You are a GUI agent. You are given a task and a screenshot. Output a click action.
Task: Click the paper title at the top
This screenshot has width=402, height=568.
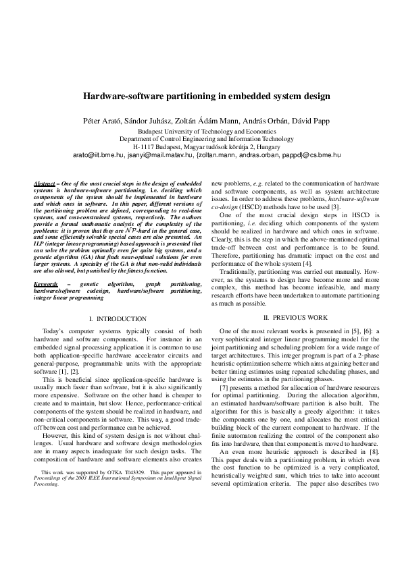(x=206, y=96)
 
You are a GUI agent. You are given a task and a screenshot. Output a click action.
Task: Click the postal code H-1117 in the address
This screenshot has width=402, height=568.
(x=143, y=146)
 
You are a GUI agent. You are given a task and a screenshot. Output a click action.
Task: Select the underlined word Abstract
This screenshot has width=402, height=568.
(x=45, y=184)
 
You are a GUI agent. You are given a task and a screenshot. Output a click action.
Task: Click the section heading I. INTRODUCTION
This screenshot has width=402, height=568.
(x=118, y=318)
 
